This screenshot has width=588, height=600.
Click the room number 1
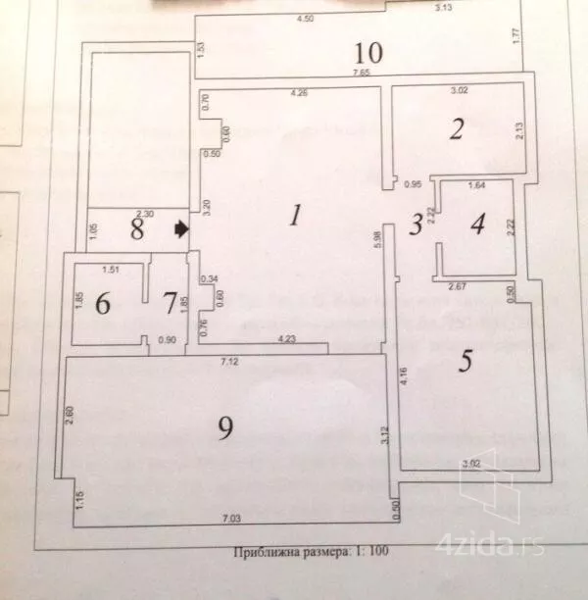point(294,215)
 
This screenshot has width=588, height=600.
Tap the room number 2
point(456,129)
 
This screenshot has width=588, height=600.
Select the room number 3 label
point(416,224)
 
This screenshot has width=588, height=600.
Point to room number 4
point(477,224)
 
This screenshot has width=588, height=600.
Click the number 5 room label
point(466,360)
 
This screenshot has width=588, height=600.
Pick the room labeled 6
point(103,303)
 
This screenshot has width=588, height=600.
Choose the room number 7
point(168,303)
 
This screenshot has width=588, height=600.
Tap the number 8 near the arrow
point(137,230)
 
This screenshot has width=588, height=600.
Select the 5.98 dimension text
point(377,244)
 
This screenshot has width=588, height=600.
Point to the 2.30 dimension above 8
point(144,213)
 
